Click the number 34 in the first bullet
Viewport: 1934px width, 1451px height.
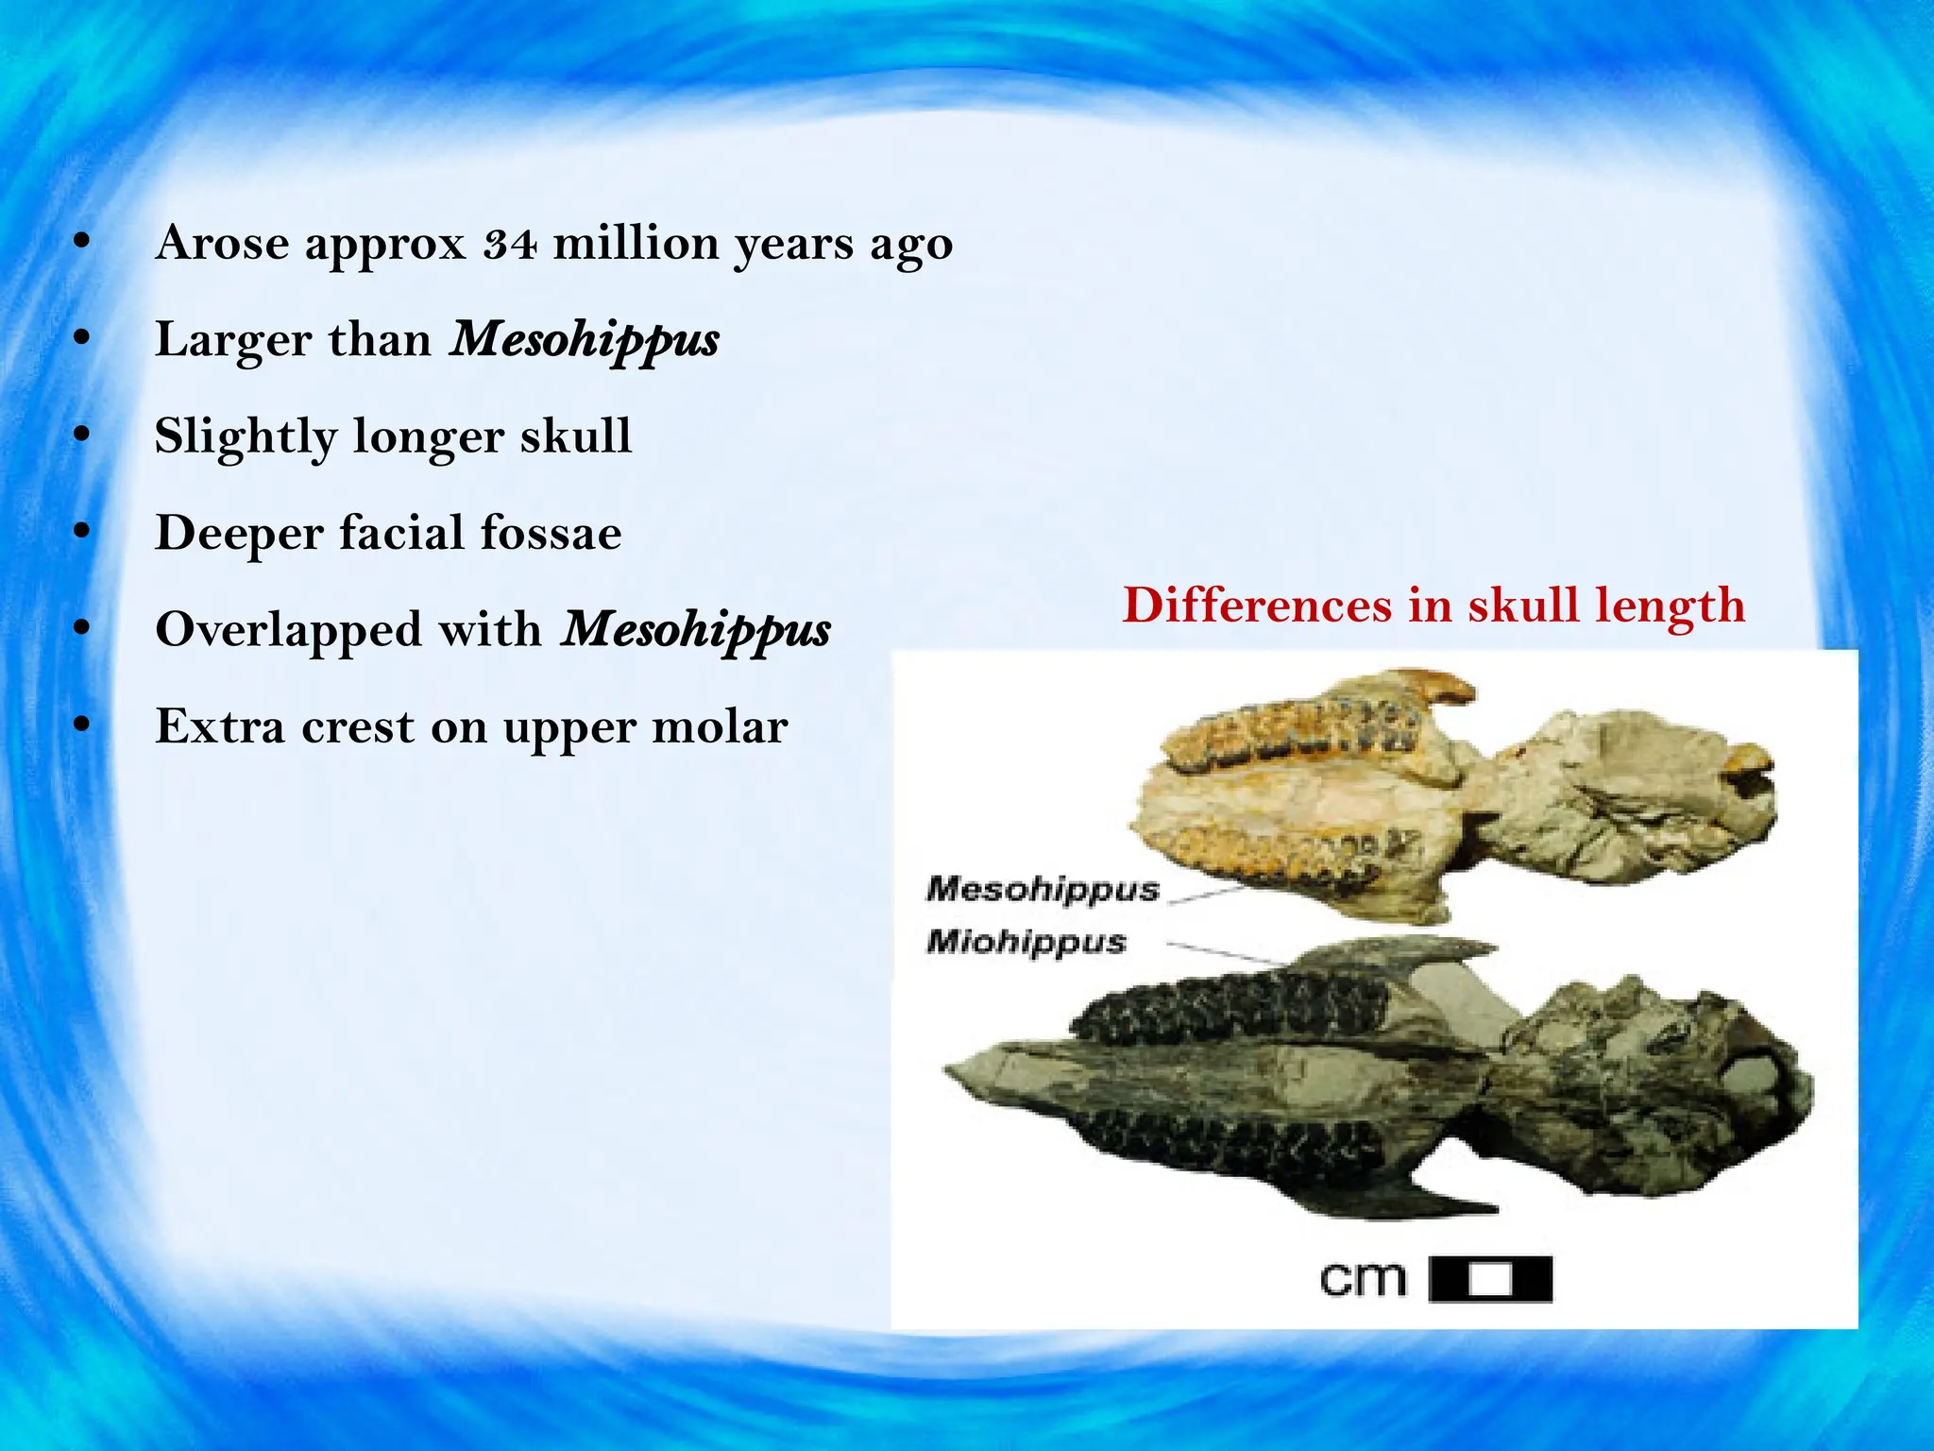511,244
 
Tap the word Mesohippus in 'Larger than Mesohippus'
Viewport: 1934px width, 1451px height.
585,340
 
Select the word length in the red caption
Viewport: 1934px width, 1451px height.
1670,606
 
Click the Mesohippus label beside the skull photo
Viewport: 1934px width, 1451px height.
1042,889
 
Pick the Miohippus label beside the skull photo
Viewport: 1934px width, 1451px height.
1026,942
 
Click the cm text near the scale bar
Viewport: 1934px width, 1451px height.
1363,1280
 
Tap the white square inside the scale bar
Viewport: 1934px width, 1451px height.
1491,1281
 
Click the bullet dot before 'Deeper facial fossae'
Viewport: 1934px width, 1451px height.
83,533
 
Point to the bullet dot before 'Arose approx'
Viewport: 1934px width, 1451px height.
83,243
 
